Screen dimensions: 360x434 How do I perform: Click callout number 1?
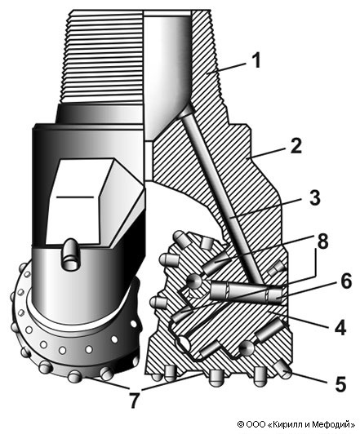click(257, 60)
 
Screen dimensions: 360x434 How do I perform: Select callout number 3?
click(314, 197)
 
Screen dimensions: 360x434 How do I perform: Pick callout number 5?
click(340, 384)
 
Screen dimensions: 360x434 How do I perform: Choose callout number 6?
click(345, 281)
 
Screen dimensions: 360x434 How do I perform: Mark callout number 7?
click(135, 401)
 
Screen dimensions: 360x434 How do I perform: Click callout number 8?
click(322, 241)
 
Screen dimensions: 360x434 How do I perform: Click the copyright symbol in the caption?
click(241, 424)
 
